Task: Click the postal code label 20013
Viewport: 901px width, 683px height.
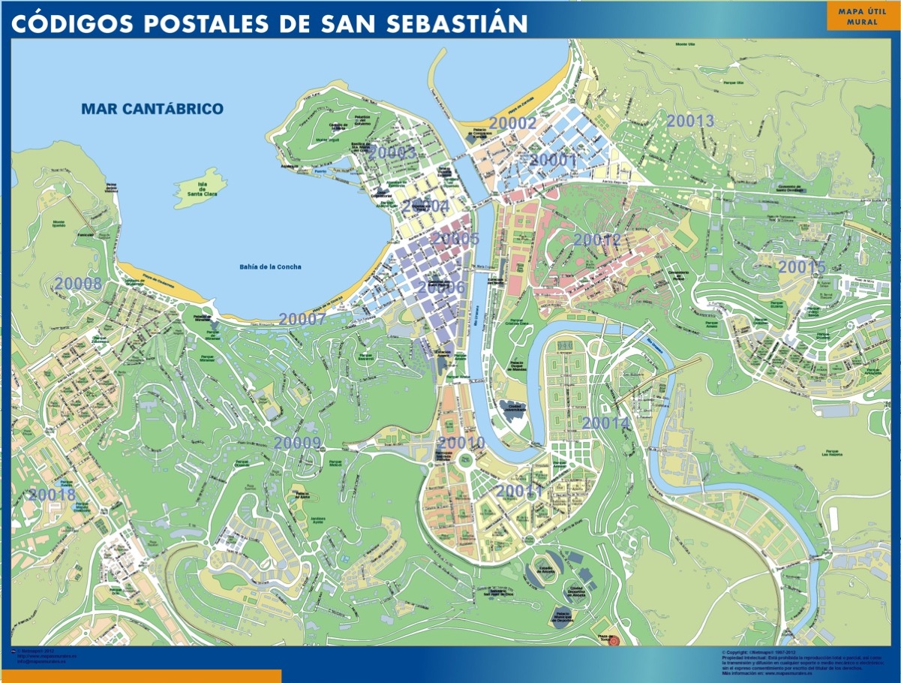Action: (690, 121)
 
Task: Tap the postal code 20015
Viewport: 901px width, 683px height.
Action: (801, 267)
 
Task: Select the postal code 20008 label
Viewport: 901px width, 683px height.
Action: (78, 284)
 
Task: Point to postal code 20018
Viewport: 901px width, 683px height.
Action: (52, 495)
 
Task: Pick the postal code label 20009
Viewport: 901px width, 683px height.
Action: (297, 443)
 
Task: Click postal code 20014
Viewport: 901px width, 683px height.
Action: (605, 423)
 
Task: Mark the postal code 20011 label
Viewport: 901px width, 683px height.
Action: (518, 491)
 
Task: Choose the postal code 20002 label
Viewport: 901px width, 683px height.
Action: (512, 124)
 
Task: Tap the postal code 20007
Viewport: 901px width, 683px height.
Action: (302, 319)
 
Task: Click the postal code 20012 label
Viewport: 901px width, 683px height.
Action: (597, 240)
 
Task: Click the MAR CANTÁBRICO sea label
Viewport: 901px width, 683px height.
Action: (152, 109)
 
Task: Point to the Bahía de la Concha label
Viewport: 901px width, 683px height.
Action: (270, 266)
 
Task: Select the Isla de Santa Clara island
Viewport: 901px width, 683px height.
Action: (198, 188)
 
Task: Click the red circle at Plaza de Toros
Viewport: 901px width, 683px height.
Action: (614, 640)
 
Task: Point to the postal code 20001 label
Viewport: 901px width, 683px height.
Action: (553, 160)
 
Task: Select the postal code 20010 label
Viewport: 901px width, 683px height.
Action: (461, 443)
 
